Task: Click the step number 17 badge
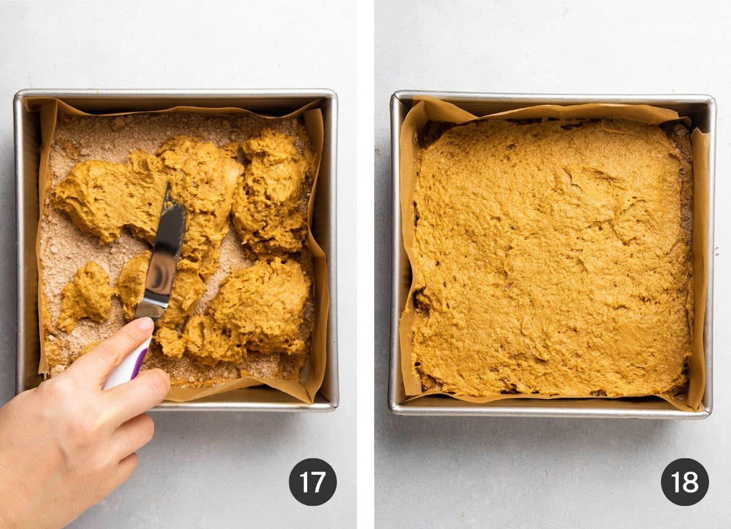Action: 313,481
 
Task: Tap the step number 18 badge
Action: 685,481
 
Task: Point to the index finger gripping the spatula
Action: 113,347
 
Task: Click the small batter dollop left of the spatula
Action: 87,294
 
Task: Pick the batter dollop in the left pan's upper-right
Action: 273,189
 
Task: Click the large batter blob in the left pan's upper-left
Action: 104,198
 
